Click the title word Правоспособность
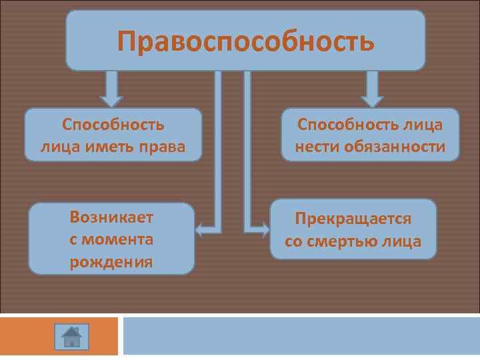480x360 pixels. click(x=245, y=41)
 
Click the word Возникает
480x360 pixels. click(x=111, y=217)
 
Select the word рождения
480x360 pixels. click(x=111, y=262)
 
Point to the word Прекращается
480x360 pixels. click(x=353, y=219)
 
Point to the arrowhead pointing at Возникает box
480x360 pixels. click(x=200, y=230)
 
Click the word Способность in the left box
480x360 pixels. click(x=113, y=125)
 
